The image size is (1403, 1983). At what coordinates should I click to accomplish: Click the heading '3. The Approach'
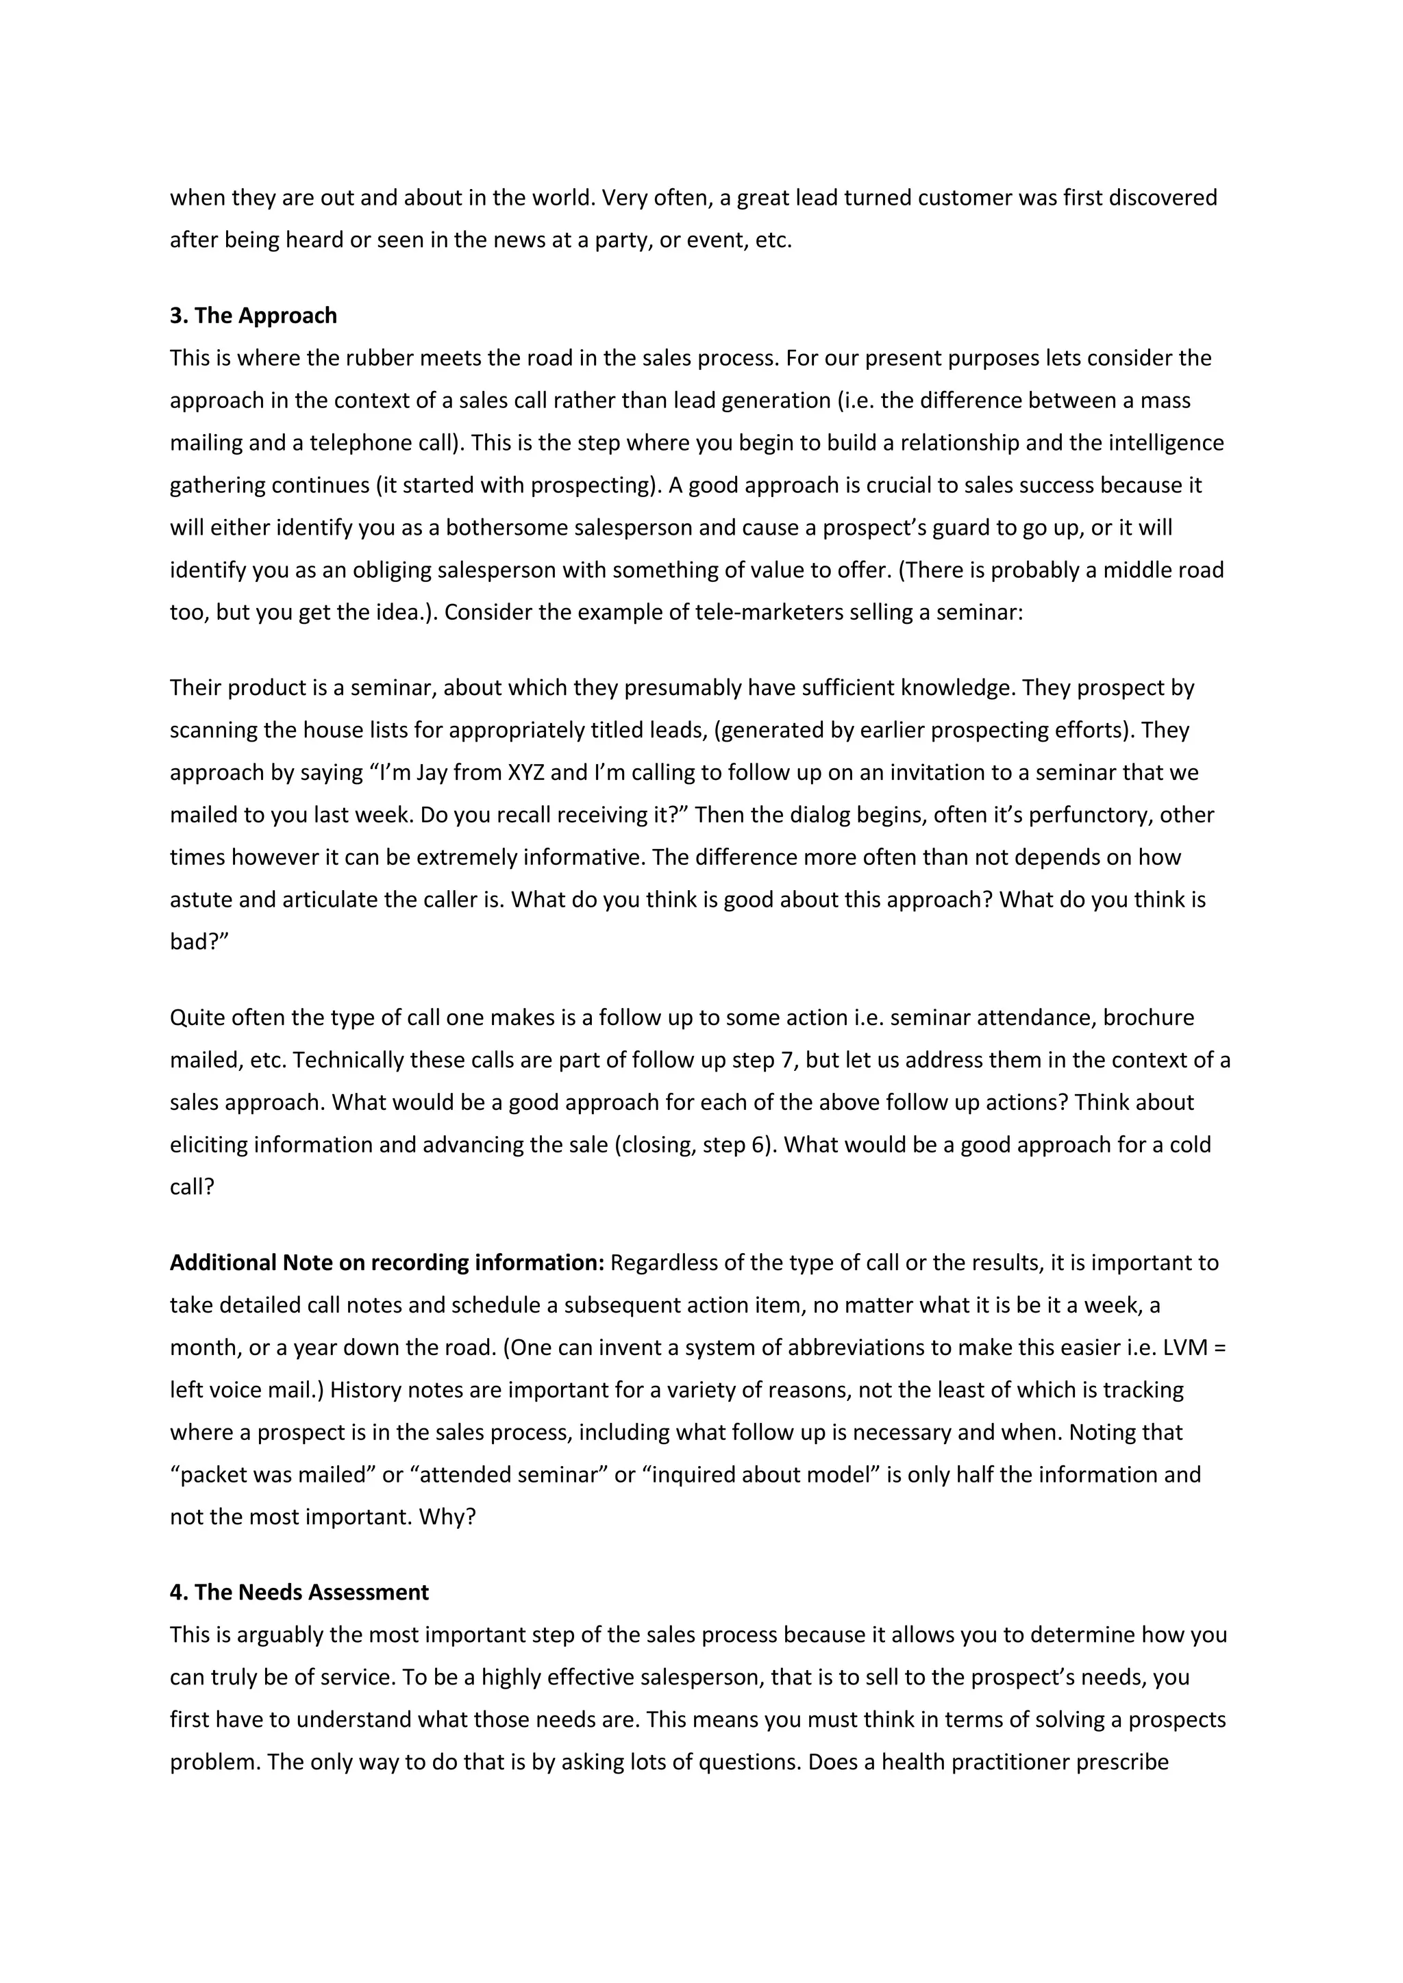click(253, 316)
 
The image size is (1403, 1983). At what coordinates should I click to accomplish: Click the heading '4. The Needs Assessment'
click(299, 1593)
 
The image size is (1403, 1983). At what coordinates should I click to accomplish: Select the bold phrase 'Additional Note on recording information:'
click(386, 1263)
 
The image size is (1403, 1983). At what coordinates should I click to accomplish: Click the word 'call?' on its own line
click(192, 1187)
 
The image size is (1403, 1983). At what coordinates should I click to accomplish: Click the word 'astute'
click(201, 900)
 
